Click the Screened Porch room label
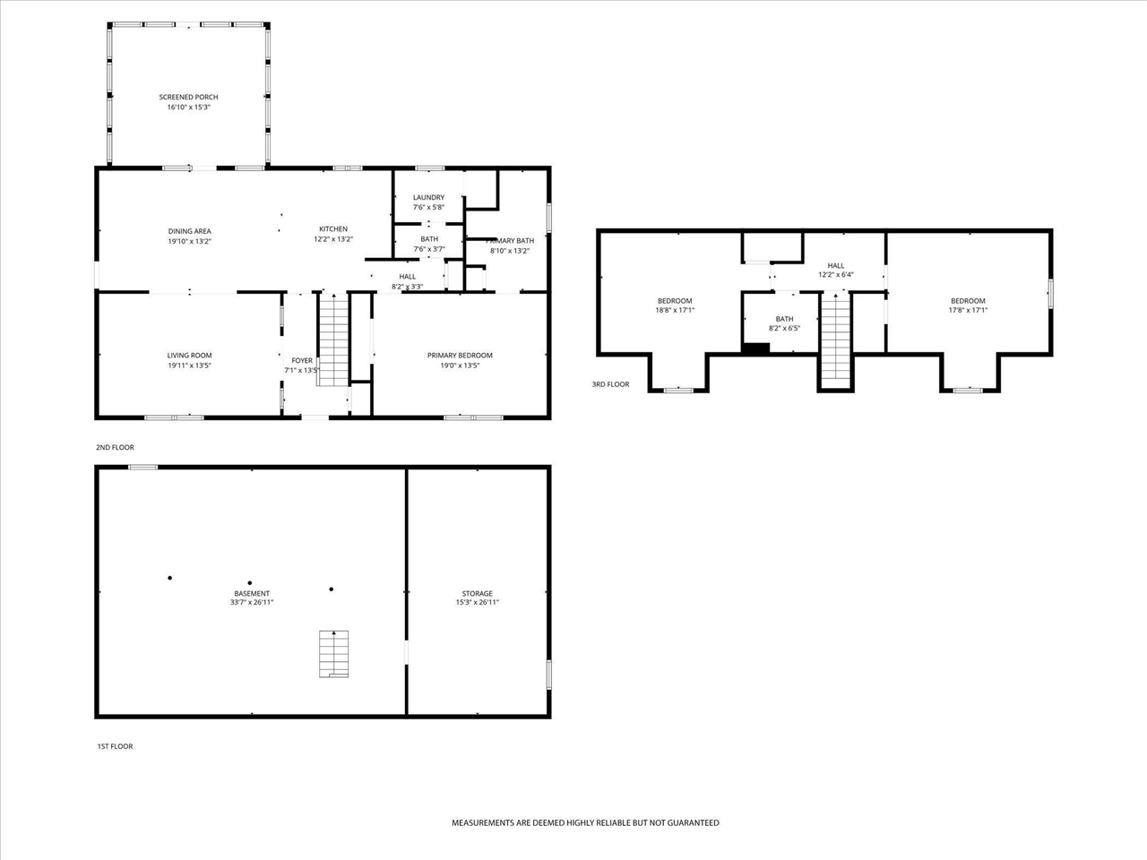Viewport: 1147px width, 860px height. [x=189, y=97]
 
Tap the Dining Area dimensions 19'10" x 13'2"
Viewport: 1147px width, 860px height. [x=189, y=241]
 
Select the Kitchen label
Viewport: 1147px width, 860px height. [x=333, y=229]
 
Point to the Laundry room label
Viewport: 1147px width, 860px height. [x=428, y=197]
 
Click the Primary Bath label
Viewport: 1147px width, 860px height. [x=510, y=241]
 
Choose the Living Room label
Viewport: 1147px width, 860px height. [x=189, y=356]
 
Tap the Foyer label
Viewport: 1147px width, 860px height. [x=302, y=360]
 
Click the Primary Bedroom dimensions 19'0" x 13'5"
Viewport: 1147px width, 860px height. [x=460, y=365]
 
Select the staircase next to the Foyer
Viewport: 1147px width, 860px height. [x=333, y=340]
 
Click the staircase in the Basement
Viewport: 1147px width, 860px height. [x=334, y=654]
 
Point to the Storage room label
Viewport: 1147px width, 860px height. [x=477, y=593]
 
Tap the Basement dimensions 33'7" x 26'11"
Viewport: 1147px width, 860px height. [x=252, y=602]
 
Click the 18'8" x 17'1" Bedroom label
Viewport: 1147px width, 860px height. [x=675, y=301]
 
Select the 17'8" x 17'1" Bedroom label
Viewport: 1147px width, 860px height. [x=968, y=301]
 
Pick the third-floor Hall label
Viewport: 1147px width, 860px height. [x=835, y=265]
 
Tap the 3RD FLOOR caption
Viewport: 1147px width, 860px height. [x=610, y=384]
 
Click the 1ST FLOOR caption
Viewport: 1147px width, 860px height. [x=115, y=746]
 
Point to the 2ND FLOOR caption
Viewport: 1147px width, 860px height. [x=115, y=447]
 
